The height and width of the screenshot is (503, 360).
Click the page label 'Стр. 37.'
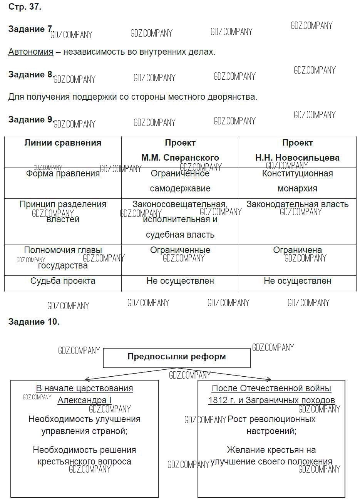pos(25,7)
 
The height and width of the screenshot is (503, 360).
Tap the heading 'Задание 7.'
pos(30,29)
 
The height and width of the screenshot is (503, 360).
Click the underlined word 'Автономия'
pos(31,52)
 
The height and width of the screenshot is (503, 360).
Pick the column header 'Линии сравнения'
pos(63,143)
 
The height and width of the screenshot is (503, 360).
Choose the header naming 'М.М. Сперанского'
pos(180,158)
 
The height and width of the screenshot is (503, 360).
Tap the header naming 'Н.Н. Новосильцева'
pos(297,158)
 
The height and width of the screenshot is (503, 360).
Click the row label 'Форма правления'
pos(63,174)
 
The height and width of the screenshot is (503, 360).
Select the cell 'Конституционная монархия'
pos(297,181)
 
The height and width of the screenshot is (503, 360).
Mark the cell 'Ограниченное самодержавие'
pos(180,181)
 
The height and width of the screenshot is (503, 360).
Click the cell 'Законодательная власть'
pos(297,204)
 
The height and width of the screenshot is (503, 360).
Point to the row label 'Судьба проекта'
pos(63,281)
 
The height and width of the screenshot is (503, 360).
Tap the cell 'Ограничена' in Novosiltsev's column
pos(297,250)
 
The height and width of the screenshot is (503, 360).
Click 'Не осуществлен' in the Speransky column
pos(180,281)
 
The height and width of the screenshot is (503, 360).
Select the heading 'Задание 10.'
pos(34,322)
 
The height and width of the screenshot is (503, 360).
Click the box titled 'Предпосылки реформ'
pos(177,357)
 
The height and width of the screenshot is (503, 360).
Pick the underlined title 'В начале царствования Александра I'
pos(84,394)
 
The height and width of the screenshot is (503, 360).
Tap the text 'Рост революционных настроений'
pos(271,425)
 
